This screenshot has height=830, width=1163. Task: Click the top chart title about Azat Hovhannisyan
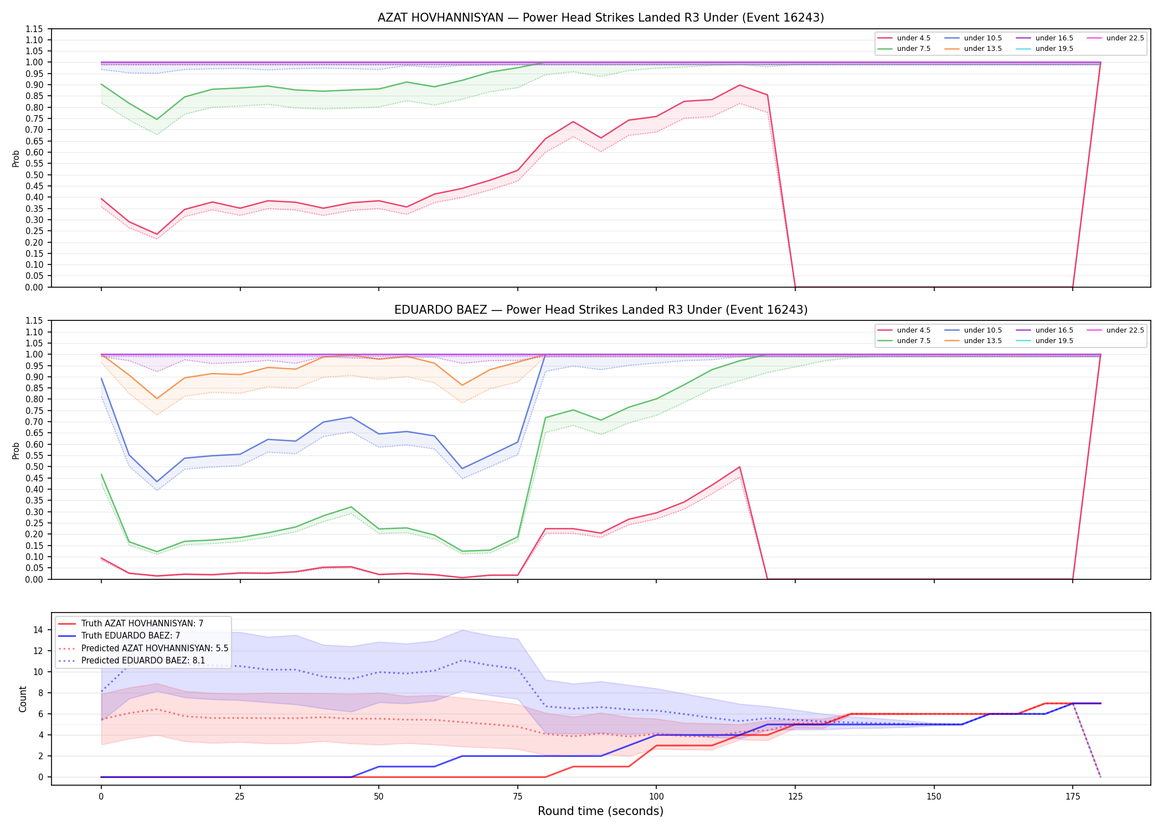(601, 18)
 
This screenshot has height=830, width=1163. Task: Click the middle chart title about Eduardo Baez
(601, 310)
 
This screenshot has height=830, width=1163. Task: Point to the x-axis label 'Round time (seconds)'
(600, 811)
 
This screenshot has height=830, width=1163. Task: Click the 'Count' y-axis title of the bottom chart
(23, 699)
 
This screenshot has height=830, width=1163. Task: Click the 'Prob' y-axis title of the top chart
(16, 158)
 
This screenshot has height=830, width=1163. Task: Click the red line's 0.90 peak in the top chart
(739, 85)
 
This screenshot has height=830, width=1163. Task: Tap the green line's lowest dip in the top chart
(157, 120)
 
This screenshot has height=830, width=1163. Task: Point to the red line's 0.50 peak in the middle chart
(739, 467)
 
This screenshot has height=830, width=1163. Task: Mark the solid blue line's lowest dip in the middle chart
(157, 481)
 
